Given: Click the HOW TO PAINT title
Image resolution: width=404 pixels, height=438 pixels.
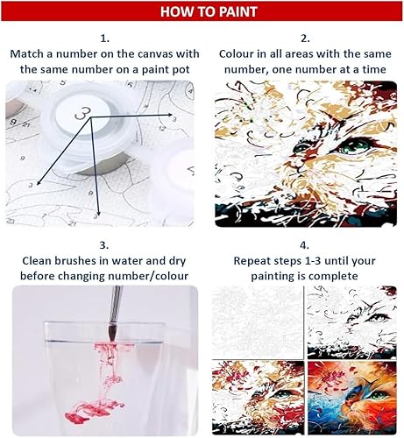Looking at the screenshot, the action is (209, 11).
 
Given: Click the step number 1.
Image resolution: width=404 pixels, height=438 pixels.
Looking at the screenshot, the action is (104, 39).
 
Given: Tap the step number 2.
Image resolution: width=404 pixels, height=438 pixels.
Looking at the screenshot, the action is (305, 39).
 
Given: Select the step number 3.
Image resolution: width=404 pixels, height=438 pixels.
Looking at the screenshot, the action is (104, 245).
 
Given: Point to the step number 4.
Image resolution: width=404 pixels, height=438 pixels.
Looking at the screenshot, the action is (304, 245).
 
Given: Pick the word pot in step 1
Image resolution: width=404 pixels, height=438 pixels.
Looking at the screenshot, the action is (181, 70).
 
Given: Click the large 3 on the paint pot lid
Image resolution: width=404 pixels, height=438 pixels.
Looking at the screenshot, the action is (82, 113).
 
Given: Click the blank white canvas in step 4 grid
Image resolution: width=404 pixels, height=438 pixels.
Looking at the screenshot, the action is (258, 322).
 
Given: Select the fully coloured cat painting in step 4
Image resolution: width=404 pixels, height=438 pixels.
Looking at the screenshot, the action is (352, 398).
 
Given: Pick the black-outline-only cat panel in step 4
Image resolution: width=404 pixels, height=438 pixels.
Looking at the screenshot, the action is (352, 322).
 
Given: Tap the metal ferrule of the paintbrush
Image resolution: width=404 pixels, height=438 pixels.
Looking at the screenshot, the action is (115, 304).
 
